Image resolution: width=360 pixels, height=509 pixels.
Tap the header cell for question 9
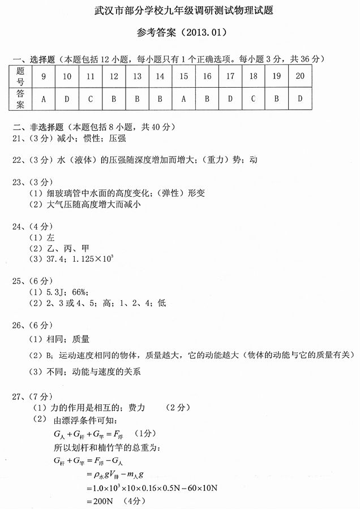pyautogui.click(x=44, y=76)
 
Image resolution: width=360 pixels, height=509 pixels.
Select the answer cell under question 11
pyautogui.click(x=90, y=99)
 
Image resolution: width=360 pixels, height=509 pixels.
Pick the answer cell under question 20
pyautogui.click(x=300, y=99)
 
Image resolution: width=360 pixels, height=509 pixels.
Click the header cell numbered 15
pyautogui.click(x=183, y=76)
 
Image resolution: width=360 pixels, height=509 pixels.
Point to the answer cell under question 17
pyautogui.click(x=230, y=99)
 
